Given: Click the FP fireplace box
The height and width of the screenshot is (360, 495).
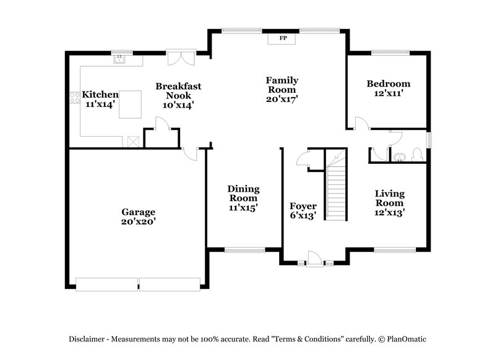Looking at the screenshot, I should (283, 39).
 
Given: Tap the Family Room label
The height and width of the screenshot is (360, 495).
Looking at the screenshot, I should (282, 80).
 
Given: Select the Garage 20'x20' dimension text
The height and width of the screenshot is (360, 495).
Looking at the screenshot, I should (138, 221).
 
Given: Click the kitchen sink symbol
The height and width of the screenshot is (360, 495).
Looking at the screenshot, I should (119, 60).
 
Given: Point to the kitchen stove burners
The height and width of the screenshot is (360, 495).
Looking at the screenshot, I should (74, 97).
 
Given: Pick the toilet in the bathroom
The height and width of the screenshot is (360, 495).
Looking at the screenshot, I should (417, 155).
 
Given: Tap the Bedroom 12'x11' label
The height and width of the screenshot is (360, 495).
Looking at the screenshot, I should (388, 88).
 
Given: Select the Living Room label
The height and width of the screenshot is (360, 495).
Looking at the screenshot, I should (389, 199).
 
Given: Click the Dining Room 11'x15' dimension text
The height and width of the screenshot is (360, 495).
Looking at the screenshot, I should (243, 208).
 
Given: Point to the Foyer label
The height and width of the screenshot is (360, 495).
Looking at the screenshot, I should (303, 206).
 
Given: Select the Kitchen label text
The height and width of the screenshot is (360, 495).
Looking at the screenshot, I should (100, 95).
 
